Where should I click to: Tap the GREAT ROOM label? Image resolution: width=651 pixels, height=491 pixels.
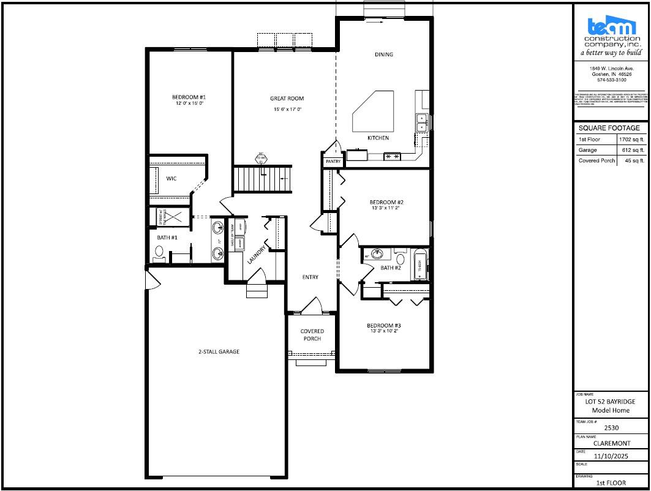[x=287, y=99]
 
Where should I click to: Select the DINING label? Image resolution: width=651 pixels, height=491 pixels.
[x=384, y=54]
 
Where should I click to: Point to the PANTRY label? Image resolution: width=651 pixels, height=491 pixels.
[x=333, y=162]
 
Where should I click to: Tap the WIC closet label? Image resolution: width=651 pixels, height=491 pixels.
[x=171, y=179]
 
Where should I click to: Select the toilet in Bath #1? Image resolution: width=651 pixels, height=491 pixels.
[x=160, y=253]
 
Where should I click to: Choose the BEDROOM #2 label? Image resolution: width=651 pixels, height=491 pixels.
[x=386, y=202]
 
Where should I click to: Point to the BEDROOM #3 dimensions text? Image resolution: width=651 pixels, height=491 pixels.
[x=384, y=331]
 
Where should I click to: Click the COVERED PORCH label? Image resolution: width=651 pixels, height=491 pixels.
[x=312, y=335]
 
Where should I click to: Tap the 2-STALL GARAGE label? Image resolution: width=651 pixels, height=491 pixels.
[x=219, y=351]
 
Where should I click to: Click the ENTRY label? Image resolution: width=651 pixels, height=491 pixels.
[x=310, y=277]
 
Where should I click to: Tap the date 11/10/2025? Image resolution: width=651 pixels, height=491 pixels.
[x=611, y=455]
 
